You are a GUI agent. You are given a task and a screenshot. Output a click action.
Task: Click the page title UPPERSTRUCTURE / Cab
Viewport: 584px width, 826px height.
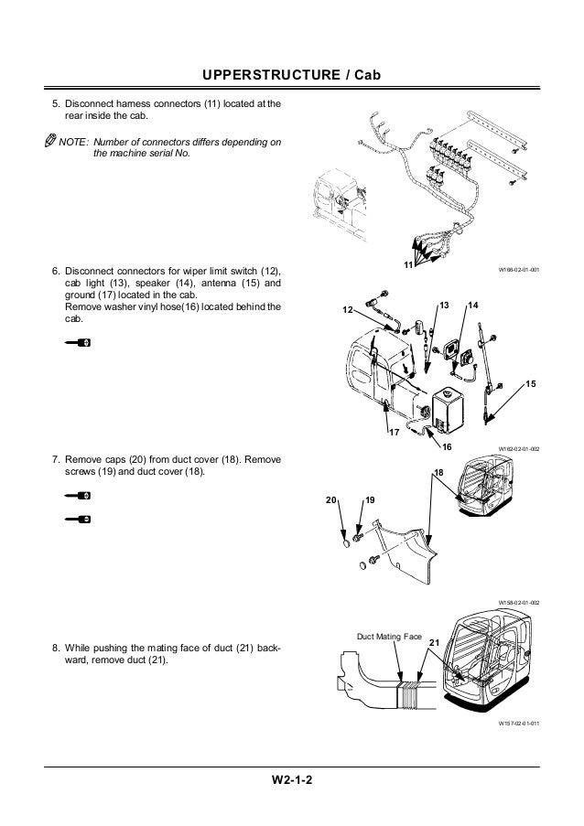tap(292, 74)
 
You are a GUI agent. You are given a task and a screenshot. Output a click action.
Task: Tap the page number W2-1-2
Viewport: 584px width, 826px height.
tap(292, 780)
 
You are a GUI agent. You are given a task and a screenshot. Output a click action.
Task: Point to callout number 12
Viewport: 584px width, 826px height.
tap(347, 311)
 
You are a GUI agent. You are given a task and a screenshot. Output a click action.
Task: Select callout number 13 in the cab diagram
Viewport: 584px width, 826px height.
tap(444, 303)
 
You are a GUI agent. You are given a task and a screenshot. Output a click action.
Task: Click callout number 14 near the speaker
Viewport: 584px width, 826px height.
tap(472, 303)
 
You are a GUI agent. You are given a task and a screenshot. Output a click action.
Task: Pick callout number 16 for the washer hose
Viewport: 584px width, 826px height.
tap(448, 445)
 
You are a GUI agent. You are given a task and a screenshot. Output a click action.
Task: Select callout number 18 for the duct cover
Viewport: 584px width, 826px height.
tap(438, 471)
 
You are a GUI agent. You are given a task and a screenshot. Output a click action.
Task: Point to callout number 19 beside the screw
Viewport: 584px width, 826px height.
tap(370, 501)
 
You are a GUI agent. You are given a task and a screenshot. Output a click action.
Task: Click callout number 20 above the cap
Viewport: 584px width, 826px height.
tap(330, 501)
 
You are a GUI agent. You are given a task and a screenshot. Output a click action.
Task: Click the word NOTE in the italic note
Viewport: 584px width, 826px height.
tap(73, 143)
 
